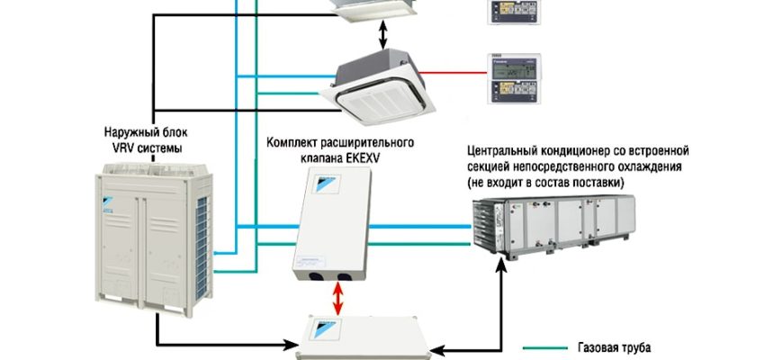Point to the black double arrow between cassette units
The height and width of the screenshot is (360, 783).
click(x=382, y=33)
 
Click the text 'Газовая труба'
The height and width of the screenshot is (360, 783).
click(x=608, y=347)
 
